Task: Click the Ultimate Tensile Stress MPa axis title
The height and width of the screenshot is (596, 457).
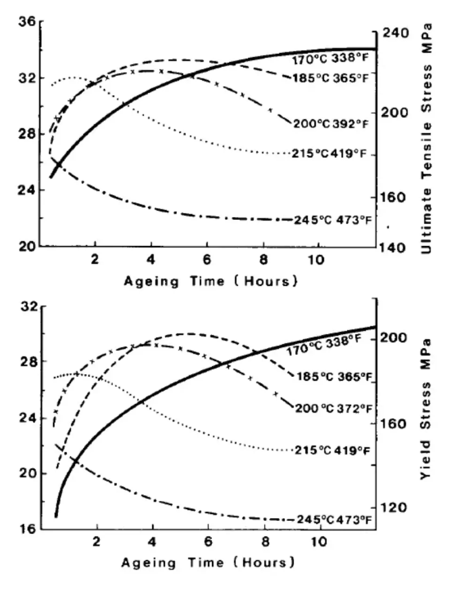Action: [427, 138]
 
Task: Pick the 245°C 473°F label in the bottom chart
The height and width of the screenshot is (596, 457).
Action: [334, 519]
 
